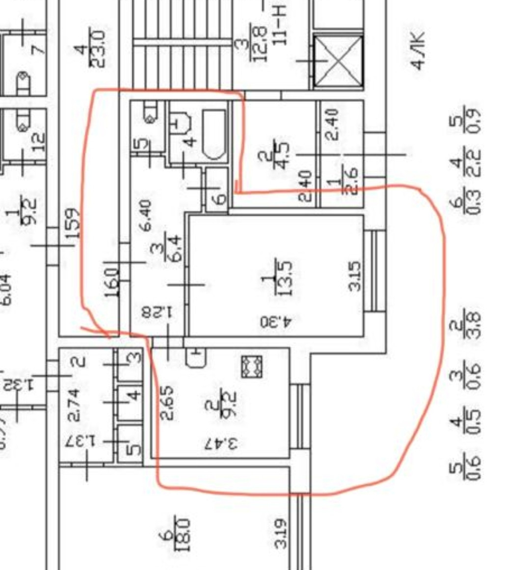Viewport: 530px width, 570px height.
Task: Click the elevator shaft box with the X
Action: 338,61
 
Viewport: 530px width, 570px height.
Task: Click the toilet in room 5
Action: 150,113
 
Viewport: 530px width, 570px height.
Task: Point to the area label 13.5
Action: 284,277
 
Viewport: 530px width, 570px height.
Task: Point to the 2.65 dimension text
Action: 167,402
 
